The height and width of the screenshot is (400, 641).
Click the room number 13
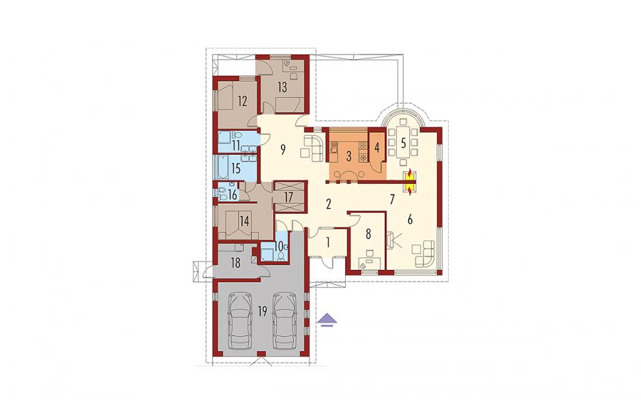(x=282, y=87)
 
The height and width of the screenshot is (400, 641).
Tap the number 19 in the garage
(x=263, y=311)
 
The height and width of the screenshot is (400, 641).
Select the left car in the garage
(x=239, y=321)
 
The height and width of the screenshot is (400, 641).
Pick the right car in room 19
(x=284, y=321)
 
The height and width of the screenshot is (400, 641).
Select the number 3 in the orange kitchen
(x=348, y=157)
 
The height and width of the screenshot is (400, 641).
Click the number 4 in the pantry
(x=377, y=147)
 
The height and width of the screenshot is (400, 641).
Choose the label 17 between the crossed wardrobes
(x=288, y=198)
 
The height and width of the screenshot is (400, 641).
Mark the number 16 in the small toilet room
(x=233, y=195)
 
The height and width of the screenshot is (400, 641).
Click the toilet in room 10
(x=281, y=256)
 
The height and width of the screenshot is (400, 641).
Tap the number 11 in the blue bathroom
(x=236, y=145)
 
